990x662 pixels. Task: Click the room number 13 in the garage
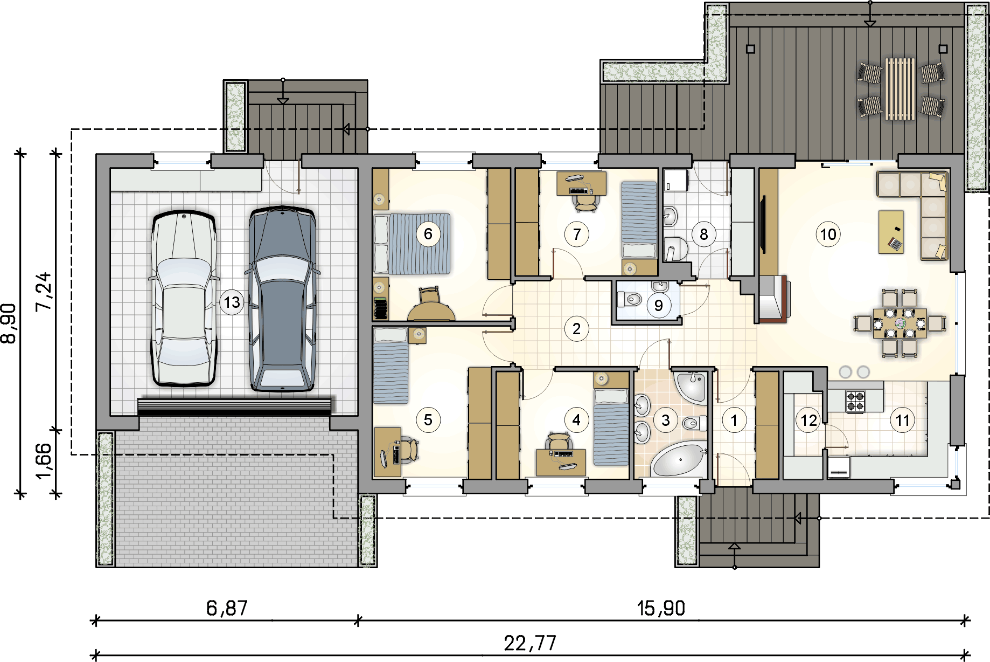[x=232, y=302]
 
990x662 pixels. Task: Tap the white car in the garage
[x=184, y=299]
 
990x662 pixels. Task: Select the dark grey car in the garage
[x=282, y=298]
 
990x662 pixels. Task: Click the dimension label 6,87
[x=227, y=608]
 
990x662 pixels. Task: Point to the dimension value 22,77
[x=530, y=643]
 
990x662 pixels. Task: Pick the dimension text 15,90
[x=661, y=608]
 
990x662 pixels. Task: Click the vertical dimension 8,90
[x=9, y=323]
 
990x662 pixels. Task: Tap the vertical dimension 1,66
[x=44, y=461]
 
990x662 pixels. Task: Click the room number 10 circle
[x=828, y=235]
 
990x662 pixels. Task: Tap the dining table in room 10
[x=900, y=323]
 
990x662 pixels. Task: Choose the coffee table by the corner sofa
[x=891, y=232]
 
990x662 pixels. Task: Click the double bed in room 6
[x=412, y=244]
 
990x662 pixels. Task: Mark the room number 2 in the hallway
[x=577, y=329]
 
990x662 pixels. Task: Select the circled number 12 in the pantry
[x=809, y=420]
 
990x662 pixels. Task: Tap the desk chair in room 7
[x=585, y=201]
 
